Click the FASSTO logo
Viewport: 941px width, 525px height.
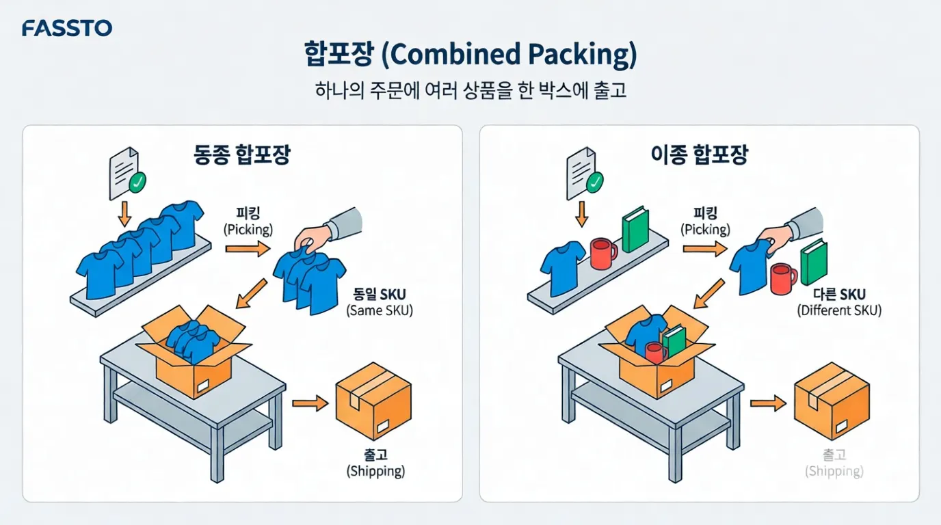(x=67, y=28)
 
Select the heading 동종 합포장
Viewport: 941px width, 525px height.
(x=242, y=154)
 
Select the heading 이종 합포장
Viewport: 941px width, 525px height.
(x=699, y=154)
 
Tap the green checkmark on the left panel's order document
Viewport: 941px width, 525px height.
(x=138, y=181)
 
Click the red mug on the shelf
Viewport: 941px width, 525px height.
(x=602, y=254)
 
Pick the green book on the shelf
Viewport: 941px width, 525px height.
(x=635, y=229)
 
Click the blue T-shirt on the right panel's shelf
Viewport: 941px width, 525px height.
(x=562, y=266)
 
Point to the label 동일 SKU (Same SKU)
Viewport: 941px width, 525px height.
(x=379, y=301)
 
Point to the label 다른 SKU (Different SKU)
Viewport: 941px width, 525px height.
(x=839, y=301)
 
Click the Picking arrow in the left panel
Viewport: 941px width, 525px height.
(x=248, y=250)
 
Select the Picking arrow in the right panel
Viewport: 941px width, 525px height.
(x=704, y=250)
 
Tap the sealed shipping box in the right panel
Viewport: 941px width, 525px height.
(x=831, y=401)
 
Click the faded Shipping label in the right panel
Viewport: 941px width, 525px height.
(x=834, y=463)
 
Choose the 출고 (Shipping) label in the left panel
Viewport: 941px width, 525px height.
(x=375, y=463)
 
